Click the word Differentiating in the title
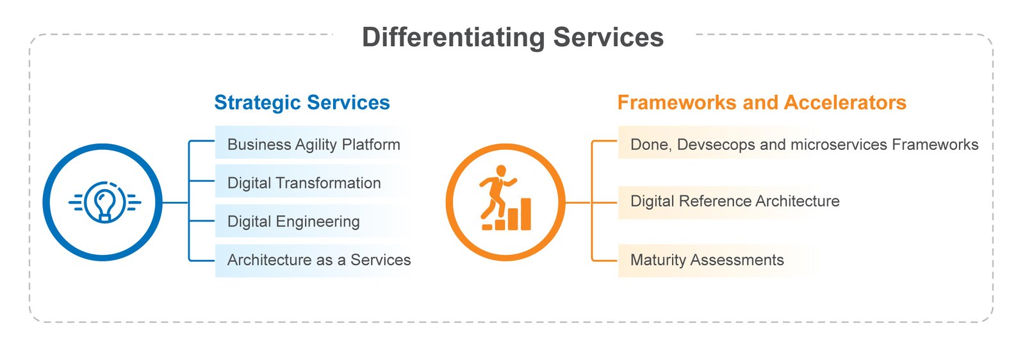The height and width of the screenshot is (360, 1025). point(454,37)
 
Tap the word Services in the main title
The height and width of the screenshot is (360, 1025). point(608,37)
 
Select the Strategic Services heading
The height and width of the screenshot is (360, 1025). point(302,102)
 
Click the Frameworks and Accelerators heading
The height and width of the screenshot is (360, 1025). point(762,102)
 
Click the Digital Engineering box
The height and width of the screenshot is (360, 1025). point(313,221)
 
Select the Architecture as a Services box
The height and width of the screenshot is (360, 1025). point(313,260)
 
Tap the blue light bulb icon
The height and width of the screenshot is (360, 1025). point(105,202)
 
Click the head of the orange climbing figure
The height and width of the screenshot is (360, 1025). point(502,171)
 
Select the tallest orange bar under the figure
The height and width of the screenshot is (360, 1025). point(526,214)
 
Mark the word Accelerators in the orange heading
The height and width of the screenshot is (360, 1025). point(845,102)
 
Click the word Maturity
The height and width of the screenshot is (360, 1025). point(658,260)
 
